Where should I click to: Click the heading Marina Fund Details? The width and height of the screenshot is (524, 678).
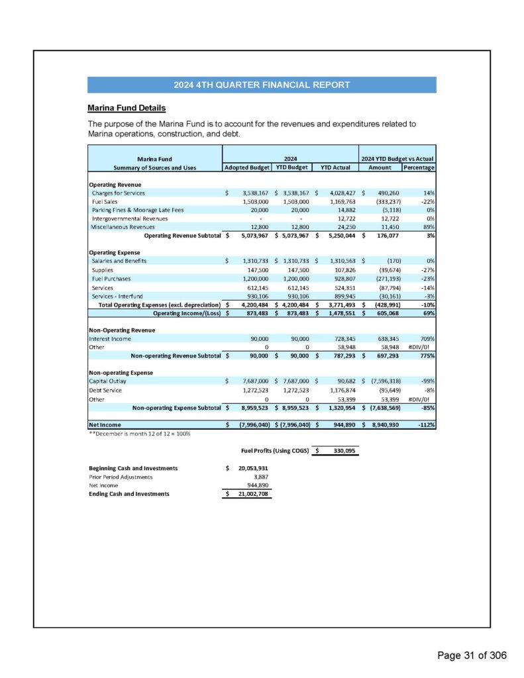click(127, 107)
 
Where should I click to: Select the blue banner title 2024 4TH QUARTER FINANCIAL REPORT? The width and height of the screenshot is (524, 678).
click(262, 85)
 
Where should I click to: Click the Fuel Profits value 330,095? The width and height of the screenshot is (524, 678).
click(342, 450)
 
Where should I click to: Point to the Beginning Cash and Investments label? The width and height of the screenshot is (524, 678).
click(133, 468)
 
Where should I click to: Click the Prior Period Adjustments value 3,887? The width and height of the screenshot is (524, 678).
click(258, 477)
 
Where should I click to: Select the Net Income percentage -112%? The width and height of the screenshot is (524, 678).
click(424, 424)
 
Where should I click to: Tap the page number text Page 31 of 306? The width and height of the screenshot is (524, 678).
click(472, 655)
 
